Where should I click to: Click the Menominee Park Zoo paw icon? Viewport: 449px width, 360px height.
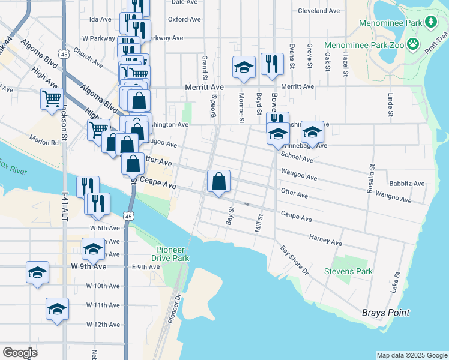coord(412,44)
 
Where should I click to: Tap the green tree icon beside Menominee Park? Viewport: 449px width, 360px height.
coord(430,23)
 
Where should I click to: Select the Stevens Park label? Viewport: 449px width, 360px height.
coord(348,272)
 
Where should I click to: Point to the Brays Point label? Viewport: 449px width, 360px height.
coord(385,313)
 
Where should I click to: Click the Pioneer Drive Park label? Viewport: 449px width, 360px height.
coord(173,254)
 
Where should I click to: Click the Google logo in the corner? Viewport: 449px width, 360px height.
coord(20,353)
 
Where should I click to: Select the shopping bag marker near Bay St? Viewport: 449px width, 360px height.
coord(219,181)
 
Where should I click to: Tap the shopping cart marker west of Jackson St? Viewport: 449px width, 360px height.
coord(52,98)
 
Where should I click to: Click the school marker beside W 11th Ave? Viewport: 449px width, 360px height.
coord(58,309)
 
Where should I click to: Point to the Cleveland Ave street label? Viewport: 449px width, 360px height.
coord(319,11)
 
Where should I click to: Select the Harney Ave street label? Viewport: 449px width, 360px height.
coord(325,241)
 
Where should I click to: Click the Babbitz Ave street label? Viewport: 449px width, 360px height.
coord(406,184)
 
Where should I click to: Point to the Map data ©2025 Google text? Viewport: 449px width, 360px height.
coord(411,355)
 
